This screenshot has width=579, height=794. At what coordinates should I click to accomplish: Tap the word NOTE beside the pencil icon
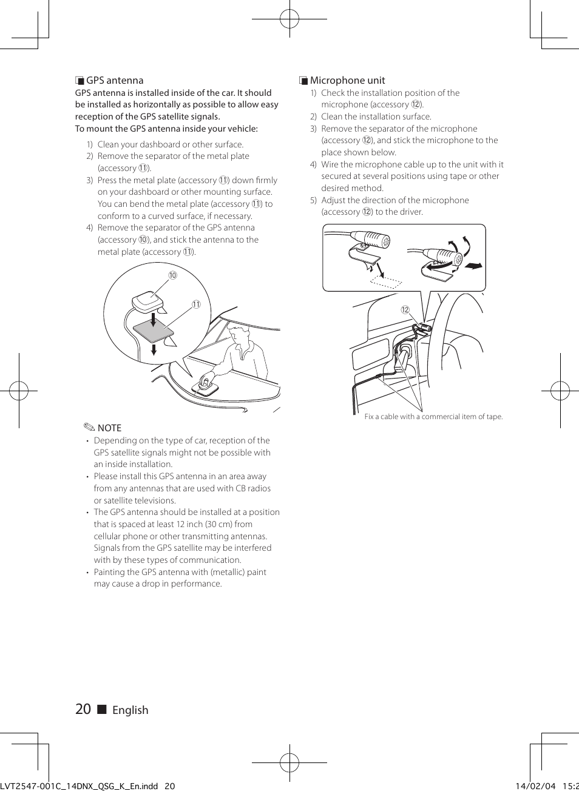pos(109,428)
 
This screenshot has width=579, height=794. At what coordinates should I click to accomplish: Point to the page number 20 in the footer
pos(83,709)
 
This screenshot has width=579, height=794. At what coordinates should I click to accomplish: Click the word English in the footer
pos(130,710)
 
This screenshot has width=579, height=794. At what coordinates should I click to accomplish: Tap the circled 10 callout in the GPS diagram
pos(172,275)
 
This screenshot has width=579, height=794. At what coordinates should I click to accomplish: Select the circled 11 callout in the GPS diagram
pos(196,304)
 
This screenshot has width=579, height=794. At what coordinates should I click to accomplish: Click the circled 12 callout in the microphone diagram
pos(405,310)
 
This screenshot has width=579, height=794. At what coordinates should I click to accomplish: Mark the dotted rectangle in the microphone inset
pos(387,280)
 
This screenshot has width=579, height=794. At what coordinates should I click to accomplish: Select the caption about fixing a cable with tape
pos(433,417)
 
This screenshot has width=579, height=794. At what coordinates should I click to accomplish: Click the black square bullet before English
pos(102,710)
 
